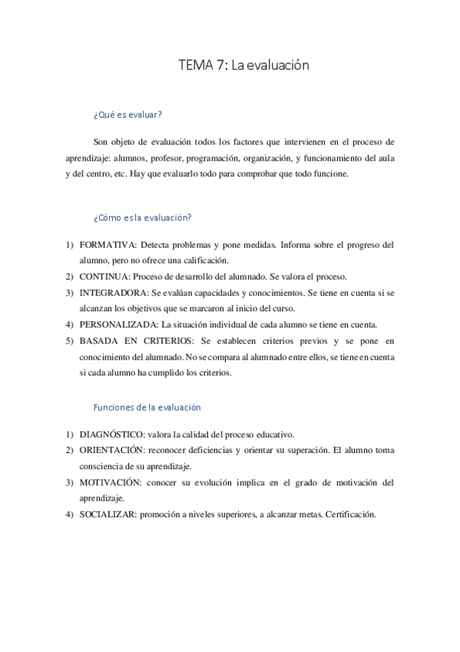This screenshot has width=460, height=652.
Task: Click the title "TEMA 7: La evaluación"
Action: [x=243, y=66]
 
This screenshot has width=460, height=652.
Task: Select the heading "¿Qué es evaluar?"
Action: [x=127, y=115]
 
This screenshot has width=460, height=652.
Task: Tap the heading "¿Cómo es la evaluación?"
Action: [x=142, y=218]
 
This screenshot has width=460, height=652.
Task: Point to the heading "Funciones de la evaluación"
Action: [x=147, y=407]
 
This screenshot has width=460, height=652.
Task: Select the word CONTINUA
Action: [x=103, y=277]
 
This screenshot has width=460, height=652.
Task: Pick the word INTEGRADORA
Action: [x=111, y=293]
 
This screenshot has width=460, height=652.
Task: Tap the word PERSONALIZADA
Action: [x=116, y=324]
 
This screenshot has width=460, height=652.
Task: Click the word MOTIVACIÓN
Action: [x=110, y=482]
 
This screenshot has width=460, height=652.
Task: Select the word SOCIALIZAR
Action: [x=108, y=514]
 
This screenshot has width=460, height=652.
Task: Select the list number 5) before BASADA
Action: [x=69, y=340]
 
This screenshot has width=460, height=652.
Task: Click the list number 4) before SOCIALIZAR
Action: [x=69, y=514]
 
